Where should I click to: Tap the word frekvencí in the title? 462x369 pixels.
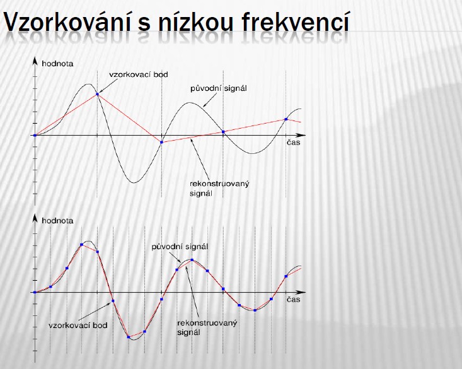point(296,21)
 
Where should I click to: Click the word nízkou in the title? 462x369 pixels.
point(195,21)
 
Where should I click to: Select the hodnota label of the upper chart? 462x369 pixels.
point(57,64)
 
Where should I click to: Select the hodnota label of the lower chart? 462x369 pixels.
point(57,221)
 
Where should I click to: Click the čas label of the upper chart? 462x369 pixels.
point(294,143)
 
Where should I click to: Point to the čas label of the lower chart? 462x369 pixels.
point(294,300)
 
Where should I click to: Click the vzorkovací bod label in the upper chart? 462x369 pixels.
point(139,74)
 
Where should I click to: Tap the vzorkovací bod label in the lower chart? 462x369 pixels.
point(78,325)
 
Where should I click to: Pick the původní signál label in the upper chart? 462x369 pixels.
point(218,88)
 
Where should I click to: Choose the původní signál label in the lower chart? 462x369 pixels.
point(180,247)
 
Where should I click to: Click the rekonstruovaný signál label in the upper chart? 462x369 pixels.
point(219,189)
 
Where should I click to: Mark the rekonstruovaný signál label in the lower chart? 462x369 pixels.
point(207,327)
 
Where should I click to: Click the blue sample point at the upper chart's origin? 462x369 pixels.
point(35,136)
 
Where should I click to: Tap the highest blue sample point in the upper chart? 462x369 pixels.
point(97,94)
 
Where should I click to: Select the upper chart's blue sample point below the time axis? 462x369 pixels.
point(161,142)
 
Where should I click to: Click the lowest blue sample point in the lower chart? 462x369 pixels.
point(129,337)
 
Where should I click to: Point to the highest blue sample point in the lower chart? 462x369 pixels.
point(81,245)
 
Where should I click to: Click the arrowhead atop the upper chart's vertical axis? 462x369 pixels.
point(35,61)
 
